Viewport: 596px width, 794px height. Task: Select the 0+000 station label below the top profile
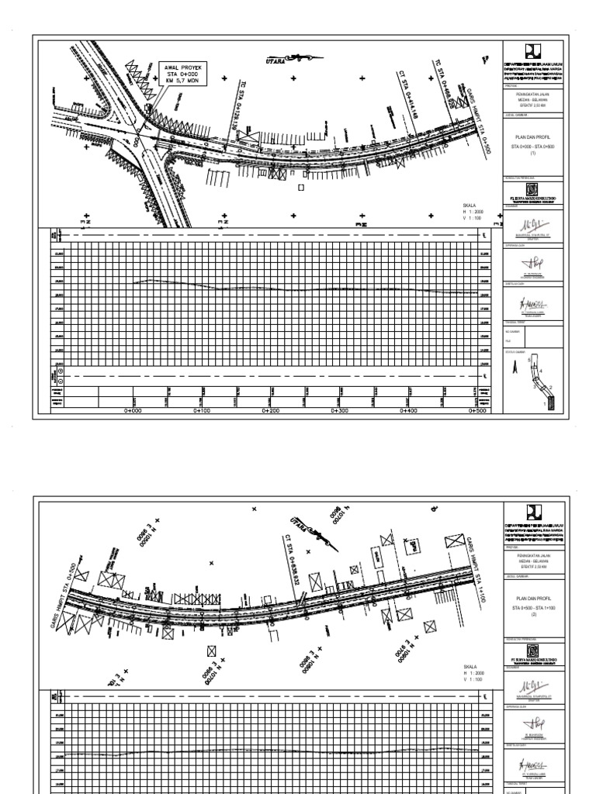[133, 412]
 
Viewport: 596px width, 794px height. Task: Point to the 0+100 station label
[202, 412]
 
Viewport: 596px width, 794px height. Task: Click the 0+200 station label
[270, 412]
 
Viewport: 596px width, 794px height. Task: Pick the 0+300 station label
[339, 412]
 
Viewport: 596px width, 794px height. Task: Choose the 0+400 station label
[408, 412]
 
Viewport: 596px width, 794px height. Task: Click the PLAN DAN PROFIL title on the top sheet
[532, 136]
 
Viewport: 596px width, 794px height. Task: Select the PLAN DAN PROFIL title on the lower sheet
[532, 599]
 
